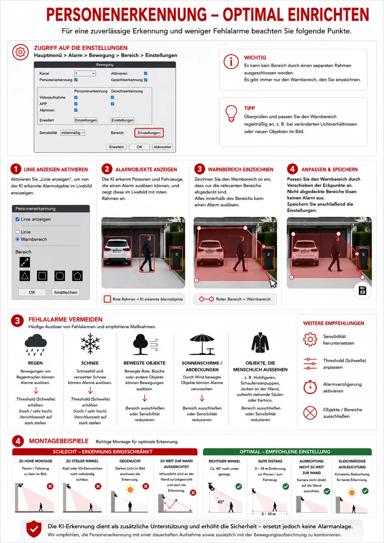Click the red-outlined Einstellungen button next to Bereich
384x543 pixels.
149,133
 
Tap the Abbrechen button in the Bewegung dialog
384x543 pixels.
162,147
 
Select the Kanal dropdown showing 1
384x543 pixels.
85,73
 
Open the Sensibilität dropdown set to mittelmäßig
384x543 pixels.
73,133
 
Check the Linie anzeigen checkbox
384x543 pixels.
17,219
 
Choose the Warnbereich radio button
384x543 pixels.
17,239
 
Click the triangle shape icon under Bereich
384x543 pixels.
25,276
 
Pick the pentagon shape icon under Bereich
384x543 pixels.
77,276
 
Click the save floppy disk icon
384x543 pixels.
362,290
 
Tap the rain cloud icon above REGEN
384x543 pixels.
36,345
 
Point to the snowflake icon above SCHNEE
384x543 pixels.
90,343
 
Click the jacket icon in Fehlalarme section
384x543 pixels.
260,342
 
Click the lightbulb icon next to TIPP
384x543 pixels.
231,114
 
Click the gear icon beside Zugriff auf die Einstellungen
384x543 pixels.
20,52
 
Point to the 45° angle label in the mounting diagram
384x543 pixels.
221,502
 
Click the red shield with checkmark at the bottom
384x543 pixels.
34,529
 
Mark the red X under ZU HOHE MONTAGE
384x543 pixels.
50,486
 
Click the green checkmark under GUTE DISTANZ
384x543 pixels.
286,486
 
